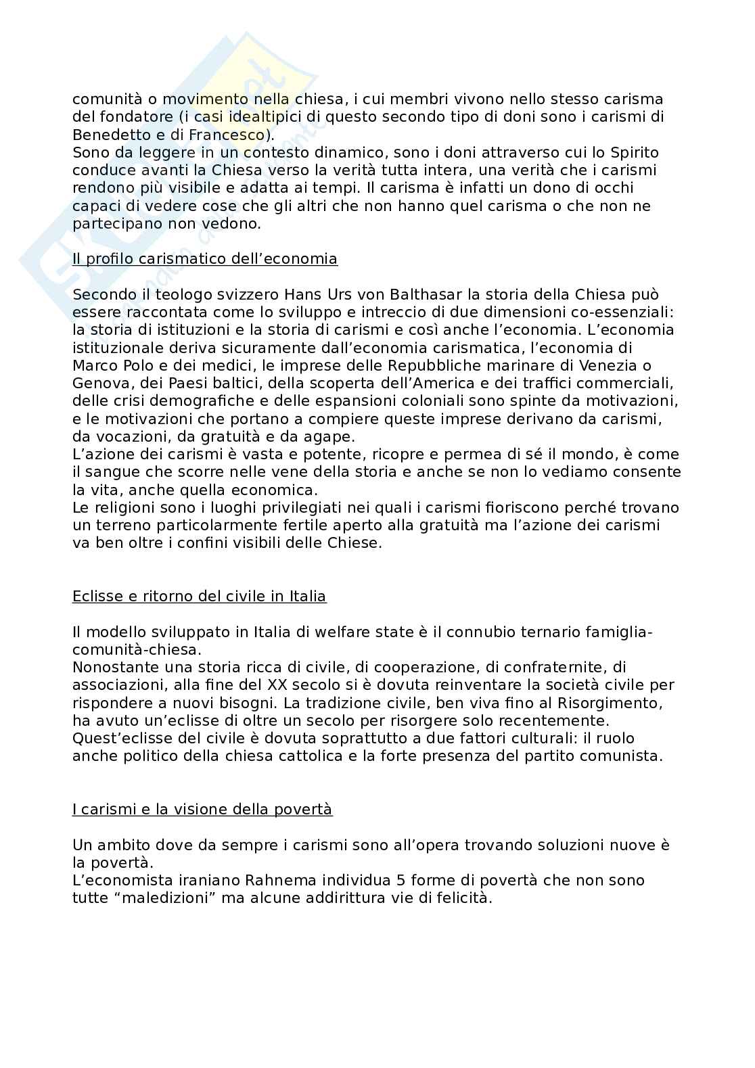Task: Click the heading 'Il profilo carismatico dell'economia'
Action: [x=204, y=259]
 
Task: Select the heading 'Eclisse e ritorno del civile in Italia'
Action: [x=199, y=597]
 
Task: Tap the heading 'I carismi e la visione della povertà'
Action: [x=202, y=809]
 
